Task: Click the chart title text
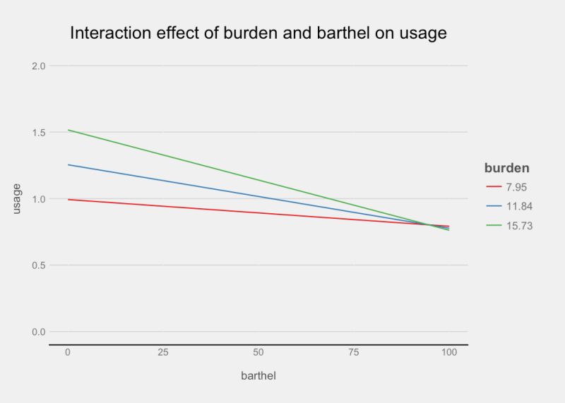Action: [x=258, y=33]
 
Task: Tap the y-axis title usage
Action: [x=17, y=198]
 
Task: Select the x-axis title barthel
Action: [x=258, y=375]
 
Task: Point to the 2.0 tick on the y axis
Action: [x=38, y=66]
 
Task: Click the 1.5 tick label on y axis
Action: [x=38, y=133]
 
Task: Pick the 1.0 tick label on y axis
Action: [x=38, y=199]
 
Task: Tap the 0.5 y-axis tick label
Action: [x=38, y=265]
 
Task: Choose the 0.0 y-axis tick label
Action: [x=38, y=332]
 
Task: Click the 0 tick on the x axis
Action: [x=68, y=352]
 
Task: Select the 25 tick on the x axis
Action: [x=163, y=352]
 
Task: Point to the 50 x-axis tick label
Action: [x=258, y=352]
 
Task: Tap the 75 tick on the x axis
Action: [x=353, y=352]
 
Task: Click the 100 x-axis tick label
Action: [x=448, y=352]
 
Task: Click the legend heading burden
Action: [x=507, y=168]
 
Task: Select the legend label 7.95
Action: [x=516, y=187]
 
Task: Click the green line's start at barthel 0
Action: [x=69, y=130]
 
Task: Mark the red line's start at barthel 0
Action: [x=69, y=200]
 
